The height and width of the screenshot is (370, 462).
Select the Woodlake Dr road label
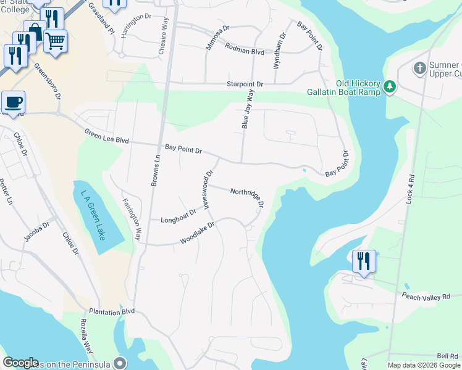coord(197,232)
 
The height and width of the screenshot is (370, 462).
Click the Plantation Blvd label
coord(111,312)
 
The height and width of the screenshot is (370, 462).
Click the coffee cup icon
coord(12,102)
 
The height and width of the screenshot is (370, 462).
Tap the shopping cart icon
coord(55,41)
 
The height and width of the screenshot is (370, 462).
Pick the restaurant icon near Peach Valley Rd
coord(363,260)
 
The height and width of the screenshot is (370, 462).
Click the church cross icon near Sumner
coord(419,67)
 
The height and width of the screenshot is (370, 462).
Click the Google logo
coord(21,363)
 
